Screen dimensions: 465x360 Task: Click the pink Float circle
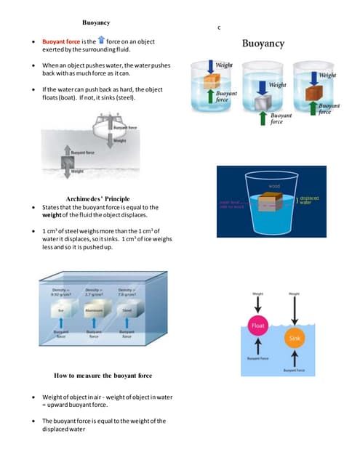[x=258, y=326]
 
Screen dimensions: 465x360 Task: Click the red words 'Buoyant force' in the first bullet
[x=62, y=42]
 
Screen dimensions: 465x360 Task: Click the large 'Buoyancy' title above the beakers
[x=263, y=44]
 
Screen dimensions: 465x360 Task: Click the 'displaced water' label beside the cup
[x=310, y=199]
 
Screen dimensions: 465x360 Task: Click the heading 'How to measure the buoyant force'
[x=103, y=376]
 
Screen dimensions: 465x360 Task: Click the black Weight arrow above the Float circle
[x=258, y=305]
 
